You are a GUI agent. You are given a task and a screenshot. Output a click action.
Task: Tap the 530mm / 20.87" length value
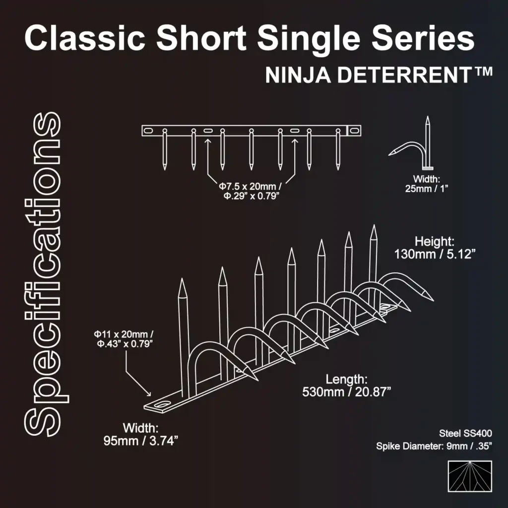tap(347, 392)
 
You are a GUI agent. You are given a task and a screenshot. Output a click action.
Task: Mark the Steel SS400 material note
tap(465, 433)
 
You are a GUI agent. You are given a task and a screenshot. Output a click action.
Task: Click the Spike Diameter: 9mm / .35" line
tap(434, 446)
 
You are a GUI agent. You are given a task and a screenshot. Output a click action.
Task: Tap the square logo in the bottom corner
tap(469, 476)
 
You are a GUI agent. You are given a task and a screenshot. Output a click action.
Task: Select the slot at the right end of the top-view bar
tap(354, 130)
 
